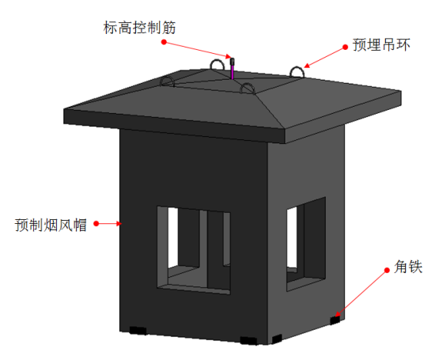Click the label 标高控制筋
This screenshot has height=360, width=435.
point(139,28)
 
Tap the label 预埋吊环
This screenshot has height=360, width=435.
point(381,44)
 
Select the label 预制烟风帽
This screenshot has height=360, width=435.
point(51,225)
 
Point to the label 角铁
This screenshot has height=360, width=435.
point(408,267)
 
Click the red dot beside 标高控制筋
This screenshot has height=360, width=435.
point(164,42)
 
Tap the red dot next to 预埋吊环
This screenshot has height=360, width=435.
point(345,47)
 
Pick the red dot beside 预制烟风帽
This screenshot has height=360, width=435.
point(96,223)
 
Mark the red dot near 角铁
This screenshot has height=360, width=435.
point(387,271)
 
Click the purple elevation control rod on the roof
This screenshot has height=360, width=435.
point(233,69)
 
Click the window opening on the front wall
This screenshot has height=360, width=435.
point(193,250)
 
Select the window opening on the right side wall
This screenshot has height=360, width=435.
point(306,244)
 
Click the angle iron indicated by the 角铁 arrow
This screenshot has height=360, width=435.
point(335,320)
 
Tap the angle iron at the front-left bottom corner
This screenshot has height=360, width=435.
point(138,331)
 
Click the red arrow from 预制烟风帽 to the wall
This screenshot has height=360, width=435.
point(109,223)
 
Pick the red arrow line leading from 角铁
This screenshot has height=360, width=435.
point(361,294)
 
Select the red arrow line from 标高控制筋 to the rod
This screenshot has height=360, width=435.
point(197,50)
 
